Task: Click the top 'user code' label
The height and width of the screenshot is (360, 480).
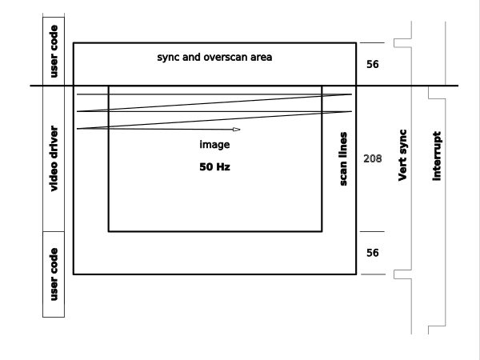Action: (x=54, y=51)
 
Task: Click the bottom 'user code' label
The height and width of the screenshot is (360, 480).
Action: (x=54, y=274)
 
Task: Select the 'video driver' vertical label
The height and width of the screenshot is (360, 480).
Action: (x=54, y=158)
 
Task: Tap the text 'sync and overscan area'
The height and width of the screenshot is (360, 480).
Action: (x=214, y=58)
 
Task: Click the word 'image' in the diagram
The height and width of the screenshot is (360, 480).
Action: (x=214, y=145)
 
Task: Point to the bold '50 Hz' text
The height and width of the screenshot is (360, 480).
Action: (x=214, y=167)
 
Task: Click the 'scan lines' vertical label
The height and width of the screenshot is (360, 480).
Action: (x=343, y=159)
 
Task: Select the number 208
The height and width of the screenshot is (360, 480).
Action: (x=373, y=158)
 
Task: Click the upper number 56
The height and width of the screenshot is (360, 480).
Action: (x=373, y=64)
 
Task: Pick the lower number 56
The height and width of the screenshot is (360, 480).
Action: (x=373, y=253)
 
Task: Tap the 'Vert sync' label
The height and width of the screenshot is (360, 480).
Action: (x=402, y=155)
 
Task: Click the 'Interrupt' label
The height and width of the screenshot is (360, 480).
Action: (x=437, y=156)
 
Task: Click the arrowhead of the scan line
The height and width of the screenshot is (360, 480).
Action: (x=237, y=130)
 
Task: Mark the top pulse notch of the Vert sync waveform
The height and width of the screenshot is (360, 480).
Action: (x=394, y=43)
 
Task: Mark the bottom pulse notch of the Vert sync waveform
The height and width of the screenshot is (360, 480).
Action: (x=394, y=274)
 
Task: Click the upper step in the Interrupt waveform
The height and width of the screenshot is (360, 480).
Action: (x=429, y=93)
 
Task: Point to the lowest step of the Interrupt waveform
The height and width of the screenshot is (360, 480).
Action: (x=429, y=330)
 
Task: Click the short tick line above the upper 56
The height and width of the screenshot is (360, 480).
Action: (x=372, y=43)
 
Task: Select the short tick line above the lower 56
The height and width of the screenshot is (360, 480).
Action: (x=372, y=232)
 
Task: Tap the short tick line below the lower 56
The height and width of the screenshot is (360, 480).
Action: (x=373, y=274)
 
